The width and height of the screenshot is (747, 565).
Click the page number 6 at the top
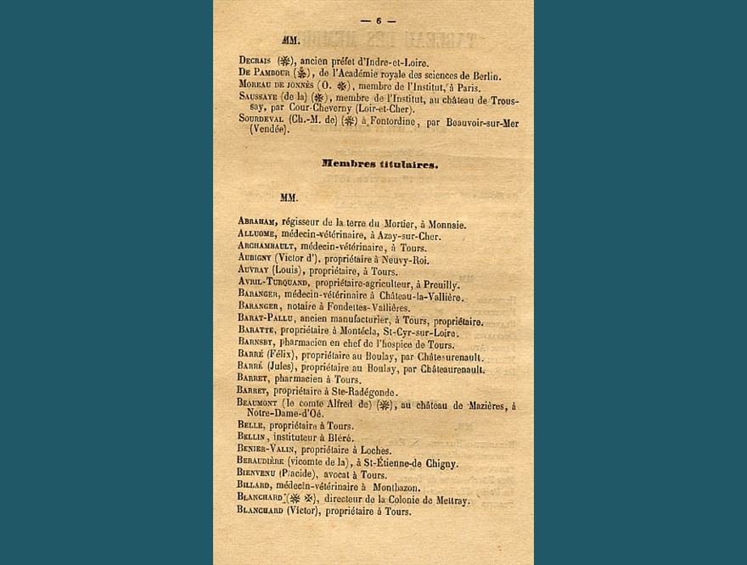pyautogui.click(x=379, y=20)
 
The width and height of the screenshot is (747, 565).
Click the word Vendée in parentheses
pyautogui.click(x=269, y=130)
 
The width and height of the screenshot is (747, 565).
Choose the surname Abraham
pyautogui.click(x=259, y=222)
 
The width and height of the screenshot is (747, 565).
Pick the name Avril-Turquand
pyautogui.click(x=274, y=284)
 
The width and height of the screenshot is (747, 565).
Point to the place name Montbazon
pyautogui.click(x=403, y=486)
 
